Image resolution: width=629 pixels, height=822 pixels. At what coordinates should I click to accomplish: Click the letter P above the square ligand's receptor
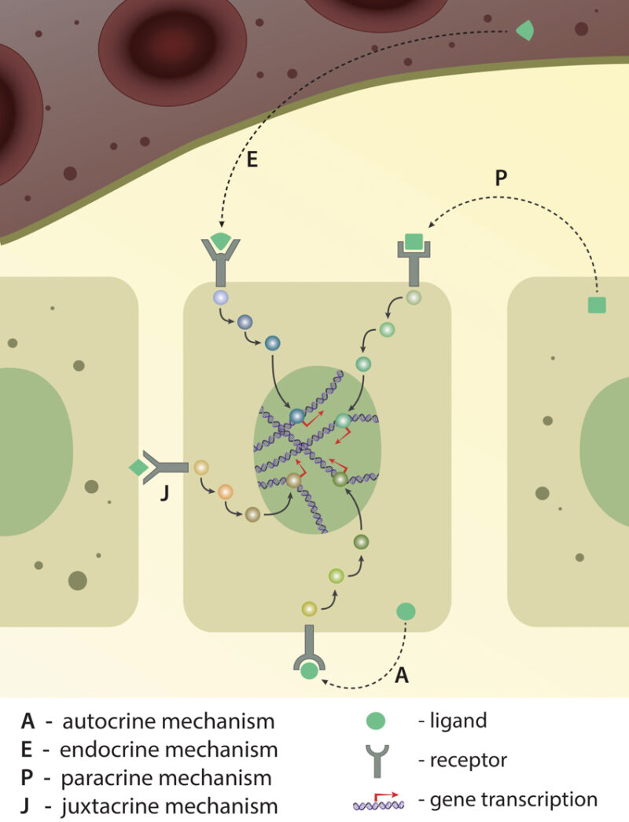tap(501, 178)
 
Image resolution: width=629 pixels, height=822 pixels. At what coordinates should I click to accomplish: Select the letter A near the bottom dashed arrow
tap(402, 674)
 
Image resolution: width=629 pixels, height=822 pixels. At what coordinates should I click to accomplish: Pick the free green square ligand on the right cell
tap(597, 305)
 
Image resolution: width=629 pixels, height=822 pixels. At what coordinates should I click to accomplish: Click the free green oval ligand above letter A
tap(406, 611)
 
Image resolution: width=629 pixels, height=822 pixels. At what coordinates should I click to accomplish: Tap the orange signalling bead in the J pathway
tap(226, 492)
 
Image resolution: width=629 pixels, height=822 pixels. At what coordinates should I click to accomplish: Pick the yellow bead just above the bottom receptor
tap(309, 607)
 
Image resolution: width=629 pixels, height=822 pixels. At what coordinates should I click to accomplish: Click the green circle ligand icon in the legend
tap(377, 720)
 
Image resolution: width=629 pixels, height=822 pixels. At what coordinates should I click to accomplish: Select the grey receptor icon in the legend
tap(377, 761)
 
